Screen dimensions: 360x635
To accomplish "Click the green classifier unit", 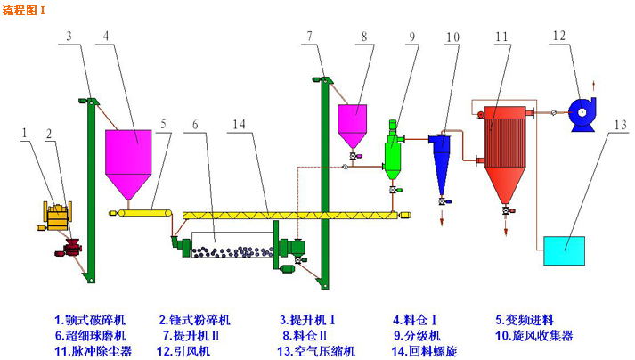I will pyautogui.click(x=392, y=151).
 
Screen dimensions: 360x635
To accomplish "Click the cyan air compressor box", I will pyautogui.click(x=563, y=250).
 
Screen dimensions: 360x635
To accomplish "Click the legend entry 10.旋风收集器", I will pyautogui.click(x=534, y=335).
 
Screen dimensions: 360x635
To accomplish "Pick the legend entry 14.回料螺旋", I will pyautogui.click(x=425, y=351).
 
